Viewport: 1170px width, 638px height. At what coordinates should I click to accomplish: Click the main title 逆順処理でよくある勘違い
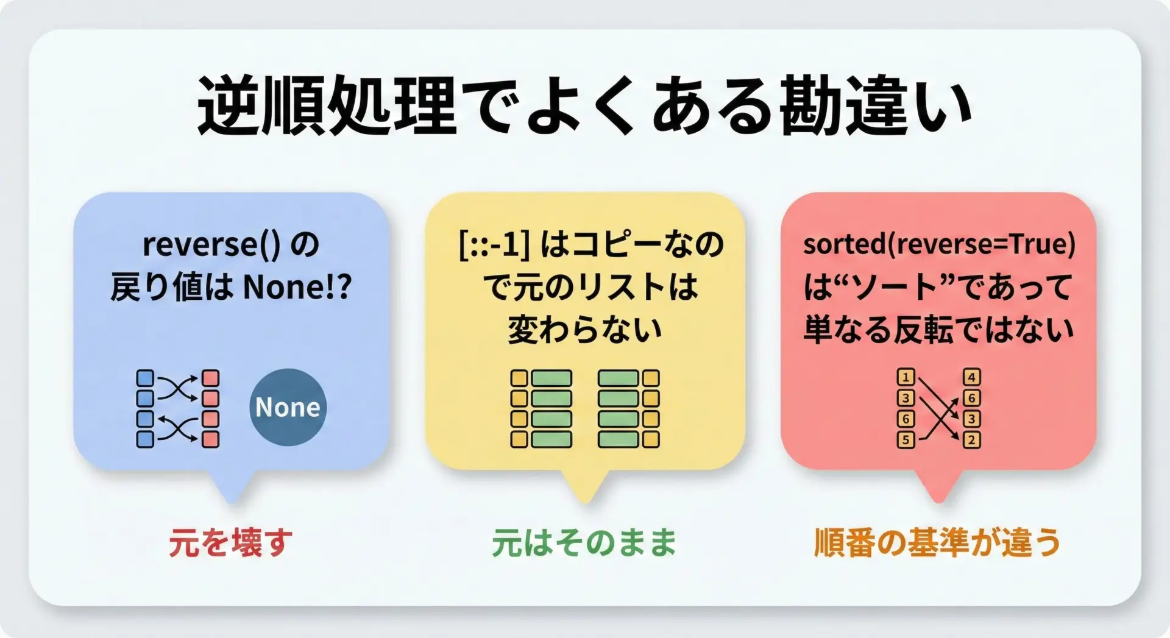584,105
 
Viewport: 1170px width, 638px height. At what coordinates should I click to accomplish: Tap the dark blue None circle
288,407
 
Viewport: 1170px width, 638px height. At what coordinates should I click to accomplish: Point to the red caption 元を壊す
230,542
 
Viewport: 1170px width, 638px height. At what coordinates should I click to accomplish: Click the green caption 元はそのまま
584,542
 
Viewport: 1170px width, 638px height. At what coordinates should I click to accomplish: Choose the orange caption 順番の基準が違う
937,542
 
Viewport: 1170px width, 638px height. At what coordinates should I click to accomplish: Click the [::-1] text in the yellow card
494,245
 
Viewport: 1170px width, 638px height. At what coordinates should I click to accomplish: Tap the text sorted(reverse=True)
939,244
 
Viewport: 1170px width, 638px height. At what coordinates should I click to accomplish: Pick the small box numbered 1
906,377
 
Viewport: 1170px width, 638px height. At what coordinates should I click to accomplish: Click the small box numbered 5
906,439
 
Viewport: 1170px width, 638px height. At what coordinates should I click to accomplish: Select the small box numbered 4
972,377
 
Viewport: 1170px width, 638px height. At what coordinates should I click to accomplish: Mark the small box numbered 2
972,439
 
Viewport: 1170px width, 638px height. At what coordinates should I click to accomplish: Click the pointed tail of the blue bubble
232,502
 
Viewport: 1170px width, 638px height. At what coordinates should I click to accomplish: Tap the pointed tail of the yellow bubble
585,502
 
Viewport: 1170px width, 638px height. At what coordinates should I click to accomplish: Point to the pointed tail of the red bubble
938,502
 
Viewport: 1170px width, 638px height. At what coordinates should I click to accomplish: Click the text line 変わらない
584,330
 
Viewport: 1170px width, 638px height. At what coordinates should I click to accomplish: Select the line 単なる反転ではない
938,330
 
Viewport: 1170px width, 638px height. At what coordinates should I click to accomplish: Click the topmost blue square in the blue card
145,378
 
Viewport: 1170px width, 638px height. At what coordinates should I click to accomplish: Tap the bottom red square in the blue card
210,439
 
